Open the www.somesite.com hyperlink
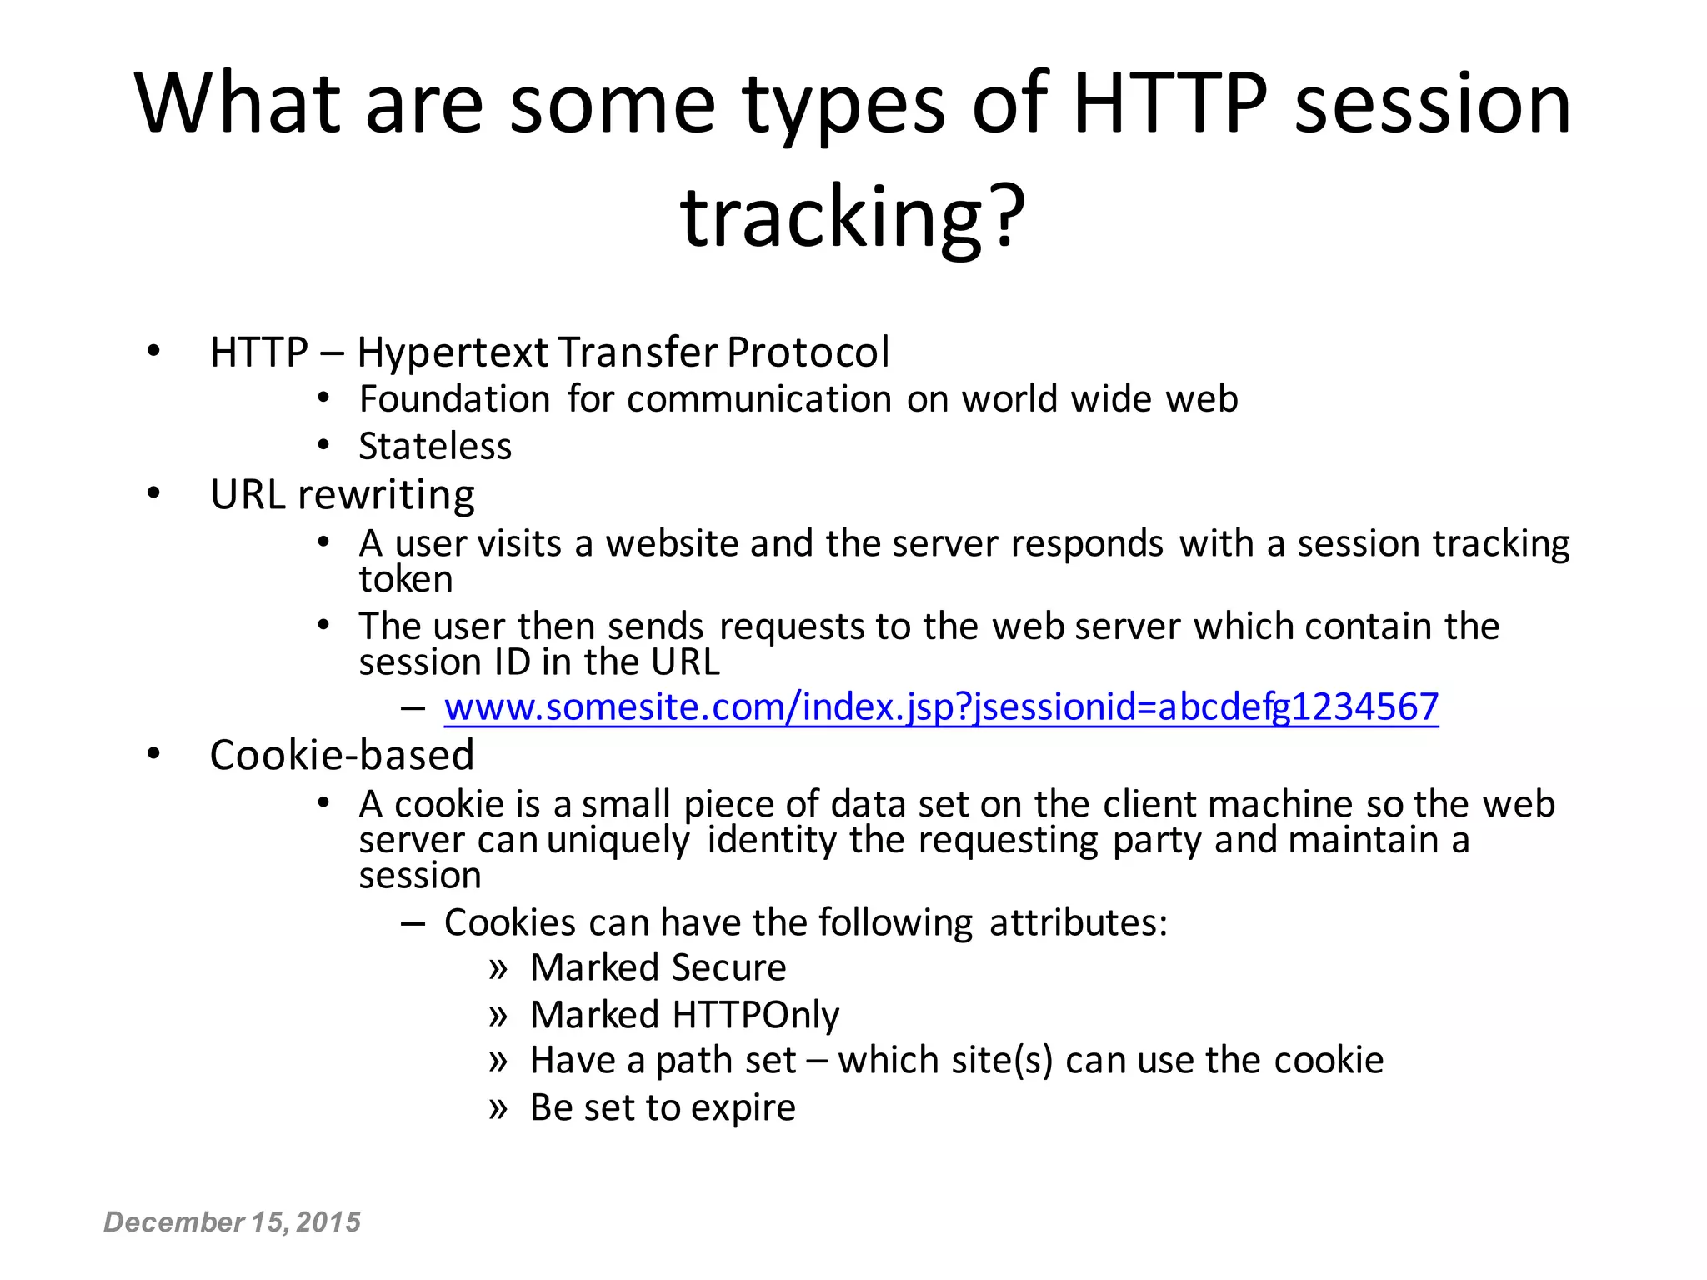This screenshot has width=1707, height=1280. coord(941,707)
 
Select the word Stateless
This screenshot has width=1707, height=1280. coord(435,447)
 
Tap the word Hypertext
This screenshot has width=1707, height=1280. coord(453,352)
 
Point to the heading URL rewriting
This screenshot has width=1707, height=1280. coord(342,495)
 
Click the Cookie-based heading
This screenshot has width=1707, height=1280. coord(342,755)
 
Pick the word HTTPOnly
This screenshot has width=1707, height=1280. coord(756,1015)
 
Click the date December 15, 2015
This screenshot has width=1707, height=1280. coord(232,1222)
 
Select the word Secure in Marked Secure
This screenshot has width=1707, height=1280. coord(728,967)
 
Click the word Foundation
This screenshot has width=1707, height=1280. coord(454,399)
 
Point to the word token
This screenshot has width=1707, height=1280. coord(406,579)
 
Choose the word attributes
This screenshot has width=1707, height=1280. coord(1078,922)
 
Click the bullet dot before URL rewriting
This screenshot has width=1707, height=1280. coord(153,494)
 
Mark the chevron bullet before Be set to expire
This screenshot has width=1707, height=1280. coord(498,1108)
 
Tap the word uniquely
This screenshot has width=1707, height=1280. coord(618,840)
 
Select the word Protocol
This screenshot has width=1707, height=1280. coord(808,352)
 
